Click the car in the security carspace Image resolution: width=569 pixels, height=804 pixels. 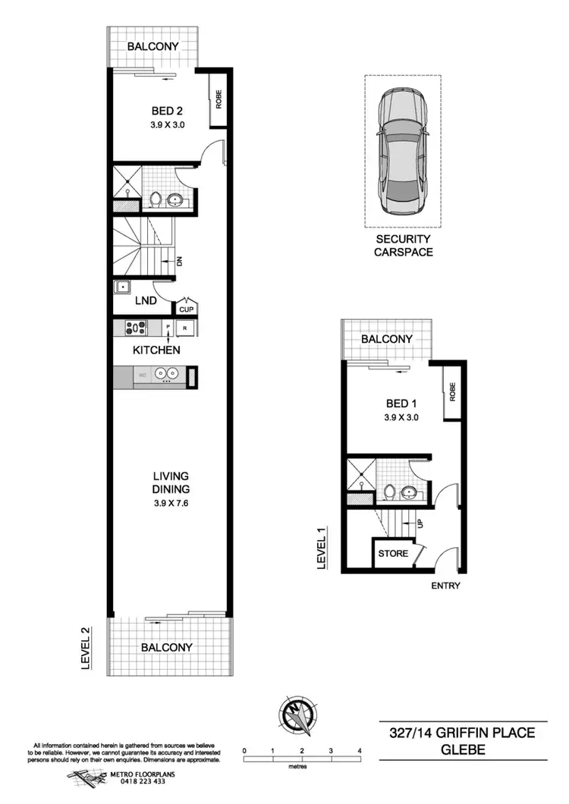click(x=402, y=151)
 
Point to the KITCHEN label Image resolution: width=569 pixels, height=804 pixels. click(x=156, y=350)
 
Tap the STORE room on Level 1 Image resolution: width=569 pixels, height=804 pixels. click(x=393, y=553)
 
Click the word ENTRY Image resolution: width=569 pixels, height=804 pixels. click(x=445, y=586)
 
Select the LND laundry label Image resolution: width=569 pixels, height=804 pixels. click(x=146, y=301)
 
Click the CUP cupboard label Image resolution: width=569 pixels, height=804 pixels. click(x=185, y=309)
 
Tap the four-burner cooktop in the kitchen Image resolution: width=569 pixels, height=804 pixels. click(x=136, y=328)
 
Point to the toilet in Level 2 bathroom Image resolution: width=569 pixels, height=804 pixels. click(x=156, y=199)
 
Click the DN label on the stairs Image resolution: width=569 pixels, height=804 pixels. click(x=179, y=262)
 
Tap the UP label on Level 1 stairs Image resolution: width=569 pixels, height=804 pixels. click(x=417, y=523)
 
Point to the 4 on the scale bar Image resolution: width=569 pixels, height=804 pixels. click(x=360, y=750)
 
